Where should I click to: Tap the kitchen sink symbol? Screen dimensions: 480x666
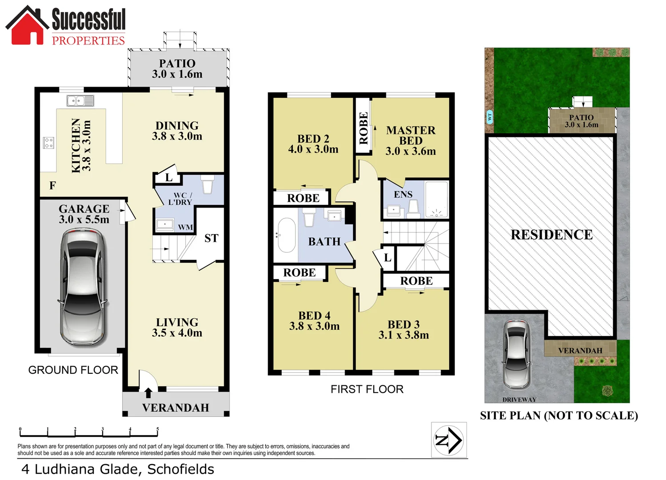click(x=80, y=101)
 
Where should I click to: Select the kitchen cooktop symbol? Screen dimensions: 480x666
click(x=48, y=143)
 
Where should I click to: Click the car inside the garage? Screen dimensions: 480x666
click(x=83, y=288)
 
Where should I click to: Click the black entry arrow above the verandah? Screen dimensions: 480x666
click(x=148, y=392)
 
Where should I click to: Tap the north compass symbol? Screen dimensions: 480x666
click(x=449, y=440)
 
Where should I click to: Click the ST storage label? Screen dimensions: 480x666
click(x=211, y=239)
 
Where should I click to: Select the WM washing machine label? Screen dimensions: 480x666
click(x=185, y=228)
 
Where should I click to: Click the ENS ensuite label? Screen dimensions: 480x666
click(x=403, y=195)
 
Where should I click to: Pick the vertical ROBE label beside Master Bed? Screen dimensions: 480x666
click(x=363, y=128)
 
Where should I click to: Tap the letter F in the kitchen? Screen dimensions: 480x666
click(x=52, y=185)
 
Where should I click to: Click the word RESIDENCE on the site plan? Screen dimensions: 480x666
click(x=551, y=235)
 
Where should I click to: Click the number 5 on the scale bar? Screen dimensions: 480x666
click(x=157, y=429)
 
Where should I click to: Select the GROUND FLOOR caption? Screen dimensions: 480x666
click(x=73, y=370)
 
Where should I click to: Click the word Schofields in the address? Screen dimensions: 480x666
click(x=181, y=469)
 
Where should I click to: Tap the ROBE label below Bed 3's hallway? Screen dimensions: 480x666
click(x=416, y=281)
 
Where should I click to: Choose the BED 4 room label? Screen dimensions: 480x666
click(x=314, y=316)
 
